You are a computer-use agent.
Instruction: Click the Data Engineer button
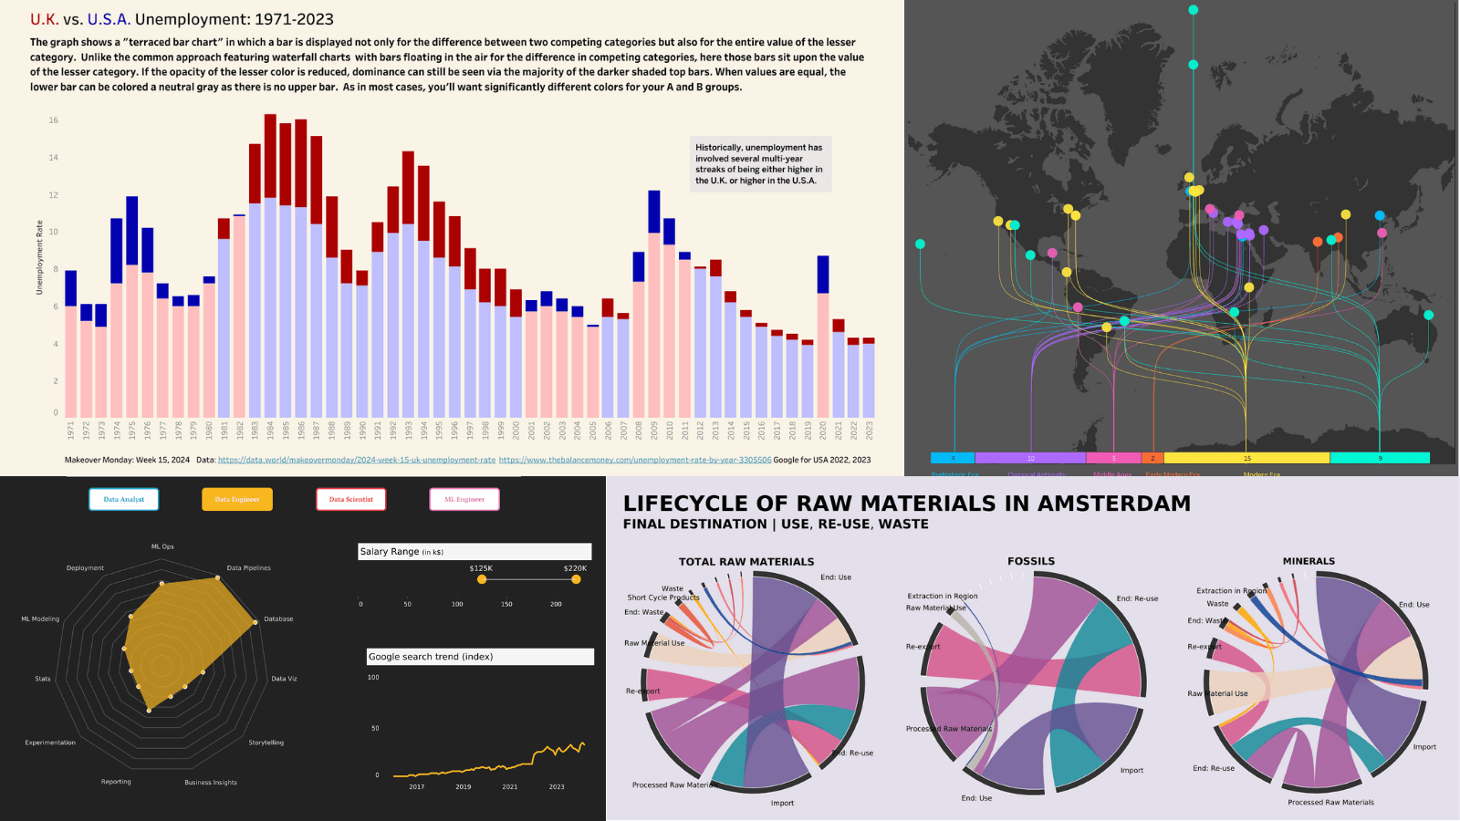(237, 499)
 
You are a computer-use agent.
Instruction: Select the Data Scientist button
(351, 499)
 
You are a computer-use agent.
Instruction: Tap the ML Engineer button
(464, 499)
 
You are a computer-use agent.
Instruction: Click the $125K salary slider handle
(482, 579)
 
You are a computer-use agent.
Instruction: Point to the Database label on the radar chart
(278, 619)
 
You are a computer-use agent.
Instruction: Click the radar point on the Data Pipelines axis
(217, 577)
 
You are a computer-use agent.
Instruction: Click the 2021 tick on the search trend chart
(510, 786)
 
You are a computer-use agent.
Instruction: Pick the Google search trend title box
(480, 657)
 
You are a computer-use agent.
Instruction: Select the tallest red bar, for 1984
(270, 155)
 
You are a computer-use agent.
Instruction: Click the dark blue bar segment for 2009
(653, 212)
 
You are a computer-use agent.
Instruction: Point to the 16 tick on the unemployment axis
(54, 120)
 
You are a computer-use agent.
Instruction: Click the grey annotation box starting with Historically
(759, 164)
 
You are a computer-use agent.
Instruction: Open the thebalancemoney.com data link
(635, 460)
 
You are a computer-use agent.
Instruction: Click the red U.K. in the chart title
(45, 19)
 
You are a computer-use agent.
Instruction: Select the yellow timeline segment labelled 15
(1246, 458)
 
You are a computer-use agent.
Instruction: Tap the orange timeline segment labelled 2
(1152, 458)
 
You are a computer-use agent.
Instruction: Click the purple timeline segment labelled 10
(1030, 458)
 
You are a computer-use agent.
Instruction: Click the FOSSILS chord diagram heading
(1031, 561)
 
